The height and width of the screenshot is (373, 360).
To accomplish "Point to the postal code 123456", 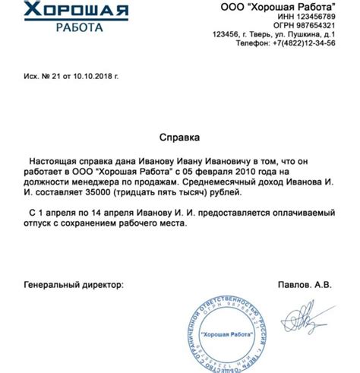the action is click(x=229, y=35).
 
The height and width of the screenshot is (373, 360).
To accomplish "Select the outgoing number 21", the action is click(x=55, y=77).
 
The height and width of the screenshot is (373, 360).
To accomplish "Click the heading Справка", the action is click(x=179, y=138).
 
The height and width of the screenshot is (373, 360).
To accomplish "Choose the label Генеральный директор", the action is click(x=73, y=285).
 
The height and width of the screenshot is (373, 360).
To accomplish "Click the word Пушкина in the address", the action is click(x=303, y=35).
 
